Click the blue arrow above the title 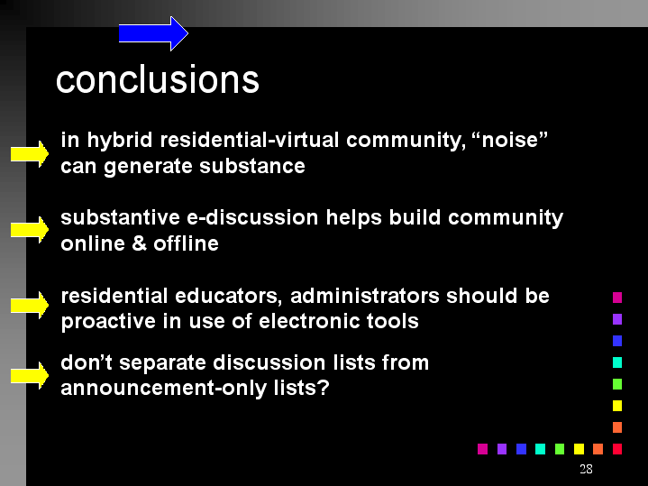coord(153,33)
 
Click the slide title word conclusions coord(158,79)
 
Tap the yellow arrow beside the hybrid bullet coord(30,154)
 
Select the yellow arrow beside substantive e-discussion coord(30,230)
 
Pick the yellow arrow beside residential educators coord(30,306)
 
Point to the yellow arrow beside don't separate coord(30,376)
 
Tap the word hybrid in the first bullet coord(120,141)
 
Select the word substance coord(252,166)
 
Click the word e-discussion coord(252,217)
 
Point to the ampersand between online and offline coord(140,243)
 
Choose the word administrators coord(364,296)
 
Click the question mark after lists coord(324,388)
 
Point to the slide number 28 coord(586,469)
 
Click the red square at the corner coord(617,449)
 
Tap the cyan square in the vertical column coord(617,362)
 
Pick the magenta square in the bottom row coord(482,449)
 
